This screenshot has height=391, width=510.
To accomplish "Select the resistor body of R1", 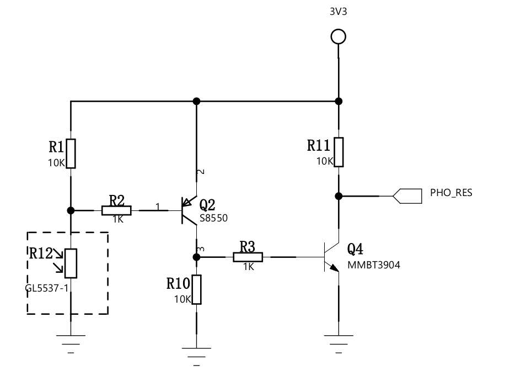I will [x=71, y=154].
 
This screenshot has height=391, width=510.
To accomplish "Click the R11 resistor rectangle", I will [x=339, y=152].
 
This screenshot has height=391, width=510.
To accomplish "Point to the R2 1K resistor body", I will [x=116, y=210].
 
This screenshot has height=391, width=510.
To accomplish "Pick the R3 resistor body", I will [x=248, y=257].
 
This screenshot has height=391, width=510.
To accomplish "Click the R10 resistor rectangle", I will [x=197, y=289].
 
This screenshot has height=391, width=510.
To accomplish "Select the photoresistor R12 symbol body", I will [x=71, y=263].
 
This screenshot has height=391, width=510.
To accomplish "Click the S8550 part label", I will [x=213, y=219].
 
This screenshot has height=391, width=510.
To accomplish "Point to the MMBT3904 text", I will [x=373, y=265].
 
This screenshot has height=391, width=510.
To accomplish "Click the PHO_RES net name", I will [x=450, y=193].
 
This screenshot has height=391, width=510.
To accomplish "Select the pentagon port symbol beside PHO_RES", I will [x=406, y=196].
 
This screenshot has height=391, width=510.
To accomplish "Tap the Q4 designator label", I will [x=355, y=250].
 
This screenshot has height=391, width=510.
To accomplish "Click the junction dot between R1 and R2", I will [x=71, y=210].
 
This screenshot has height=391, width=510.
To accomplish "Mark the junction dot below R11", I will [x=339, y=196].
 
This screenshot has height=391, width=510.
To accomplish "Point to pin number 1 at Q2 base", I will [x=158, y=207].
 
